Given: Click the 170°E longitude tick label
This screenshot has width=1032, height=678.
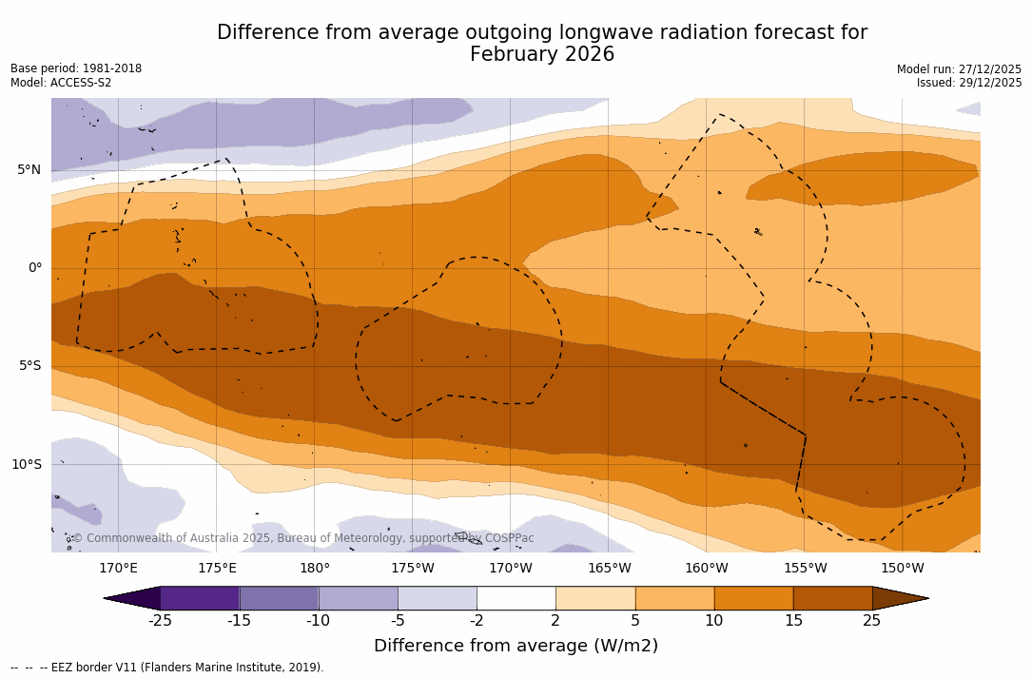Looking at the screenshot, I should coord(118,569).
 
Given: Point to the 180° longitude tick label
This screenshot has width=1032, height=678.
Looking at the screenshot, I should coord(315,569).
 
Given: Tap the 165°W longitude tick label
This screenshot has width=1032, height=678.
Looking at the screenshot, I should coord(609,569).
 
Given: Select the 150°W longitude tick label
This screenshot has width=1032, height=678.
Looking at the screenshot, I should coord(902,569).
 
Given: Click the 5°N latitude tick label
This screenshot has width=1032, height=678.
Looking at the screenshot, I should coord(29,170).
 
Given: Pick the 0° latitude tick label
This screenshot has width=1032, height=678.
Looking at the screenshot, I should coord(35,268).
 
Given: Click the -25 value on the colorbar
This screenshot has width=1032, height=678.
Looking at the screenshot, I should coord(160,621).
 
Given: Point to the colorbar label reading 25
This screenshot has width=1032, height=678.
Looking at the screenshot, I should coord(871,621).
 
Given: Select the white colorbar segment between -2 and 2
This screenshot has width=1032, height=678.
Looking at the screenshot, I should coord(516,598).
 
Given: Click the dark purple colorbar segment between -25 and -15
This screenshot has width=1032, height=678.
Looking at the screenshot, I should coord(200,598).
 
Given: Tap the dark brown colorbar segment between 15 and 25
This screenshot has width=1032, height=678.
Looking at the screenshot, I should coord(832,598).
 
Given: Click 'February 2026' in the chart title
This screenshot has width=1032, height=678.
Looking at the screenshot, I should coord(542,55).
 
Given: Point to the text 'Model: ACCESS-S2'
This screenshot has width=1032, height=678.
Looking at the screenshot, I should coord(61,83).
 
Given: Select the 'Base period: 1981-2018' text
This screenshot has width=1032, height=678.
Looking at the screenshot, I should coord(76,68).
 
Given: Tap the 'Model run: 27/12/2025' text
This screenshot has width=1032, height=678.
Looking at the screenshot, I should coord(959,69).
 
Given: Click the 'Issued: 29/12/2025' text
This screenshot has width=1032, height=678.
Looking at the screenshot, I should coord(969,83).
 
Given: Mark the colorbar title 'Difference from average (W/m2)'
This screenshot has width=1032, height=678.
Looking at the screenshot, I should coord(516,647).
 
